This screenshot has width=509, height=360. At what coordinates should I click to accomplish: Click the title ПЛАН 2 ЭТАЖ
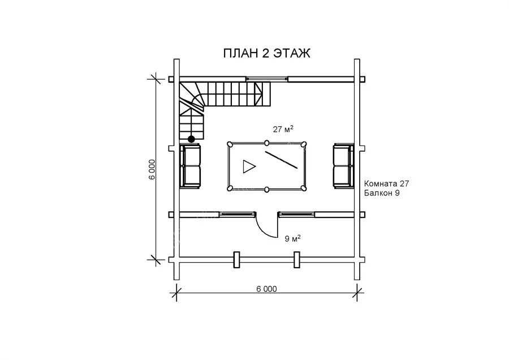[x=266, y=53]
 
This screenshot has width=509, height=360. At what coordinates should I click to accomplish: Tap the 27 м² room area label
[x=283, y=129]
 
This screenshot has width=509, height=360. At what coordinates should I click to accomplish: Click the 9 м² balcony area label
[x=292, y=238]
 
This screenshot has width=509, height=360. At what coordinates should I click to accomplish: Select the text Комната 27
[x=386, y=183]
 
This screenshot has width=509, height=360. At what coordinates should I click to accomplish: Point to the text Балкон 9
[x=382, y=194]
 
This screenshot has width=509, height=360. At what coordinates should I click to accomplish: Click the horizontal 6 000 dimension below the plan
[x=266, y=289]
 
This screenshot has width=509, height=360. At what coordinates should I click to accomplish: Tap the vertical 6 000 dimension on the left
[x=152, y=169]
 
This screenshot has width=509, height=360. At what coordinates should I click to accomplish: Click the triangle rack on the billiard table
[x=249, y=166]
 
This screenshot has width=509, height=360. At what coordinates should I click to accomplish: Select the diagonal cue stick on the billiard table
[x=281, y=160]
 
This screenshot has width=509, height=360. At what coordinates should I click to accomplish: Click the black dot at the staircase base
[x=191, y=139]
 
